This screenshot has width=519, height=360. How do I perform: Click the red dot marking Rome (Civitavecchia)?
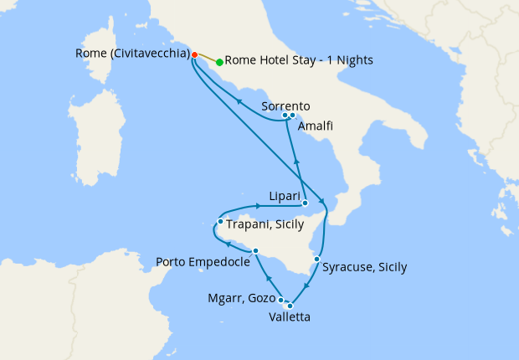coord(194,55)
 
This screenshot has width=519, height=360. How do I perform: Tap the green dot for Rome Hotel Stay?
coord(219,62)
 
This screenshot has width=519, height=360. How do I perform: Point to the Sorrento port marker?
coord(285,115)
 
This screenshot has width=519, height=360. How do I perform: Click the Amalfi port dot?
coord(293,116)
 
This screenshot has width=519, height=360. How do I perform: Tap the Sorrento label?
coord(285,106)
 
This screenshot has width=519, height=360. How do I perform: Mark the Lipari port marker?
coord(305,203)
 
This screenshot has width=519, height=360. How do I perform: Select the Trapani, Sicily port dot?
coord(220,222)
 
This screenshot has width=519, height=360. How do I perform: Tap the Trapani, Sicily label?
coord(264,224)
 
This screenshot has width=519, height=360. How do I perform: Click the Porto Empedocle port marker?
coord(255,250)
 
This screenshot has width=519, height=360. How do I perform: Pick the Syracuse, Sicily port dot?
coord(316,260)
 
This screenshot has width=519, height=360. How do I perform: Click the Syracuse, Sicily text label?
coord(366,268)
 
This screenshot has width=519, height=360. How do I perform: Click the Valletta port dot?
coord(290,306)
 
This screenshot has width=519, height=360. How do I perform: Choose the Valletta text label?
coord(290,318)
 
